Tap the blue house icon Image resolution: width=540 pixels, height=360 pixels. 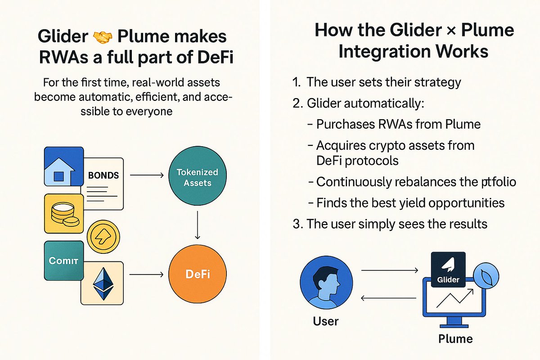pos(64,166)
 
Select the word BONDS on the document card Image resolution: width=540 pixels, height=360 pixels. pos(103,175)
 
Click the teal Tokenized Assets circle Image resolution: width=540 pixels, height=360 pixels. pos(198,176)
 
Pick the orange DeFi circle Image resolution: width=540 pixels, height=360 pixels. pos(198,274)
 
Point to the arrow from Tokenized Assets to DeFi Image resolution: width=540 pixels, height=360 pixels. pos(198,225)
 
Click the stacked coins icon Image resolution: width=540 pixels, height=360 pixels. pos(64,214)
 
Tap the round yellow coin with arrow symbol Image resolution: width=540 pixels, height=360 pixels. pos(103,237)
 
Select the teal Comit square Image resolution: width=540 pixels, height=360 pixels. pos(64,261)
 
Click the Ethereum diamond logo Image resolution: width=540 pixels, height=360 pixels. pos(103,283)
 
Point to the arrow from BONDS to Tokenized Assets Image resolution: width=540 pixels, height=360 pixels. pos(147,175)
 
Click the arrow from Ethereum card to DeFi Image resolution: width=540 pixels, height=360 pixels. pos(146,274)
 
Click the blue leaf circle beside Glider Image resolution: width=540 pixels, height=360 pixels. pos(486,275)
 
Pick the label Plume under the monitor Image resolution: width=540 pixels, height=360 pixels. pos(455,339)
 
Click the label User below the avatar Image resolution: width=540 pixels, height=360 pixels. pos(326,321)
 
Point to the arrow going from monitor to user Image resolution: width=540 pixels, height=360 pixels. pos(388,298)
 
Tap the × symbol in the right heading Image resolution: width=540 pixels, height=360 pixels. pos(451,31)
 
